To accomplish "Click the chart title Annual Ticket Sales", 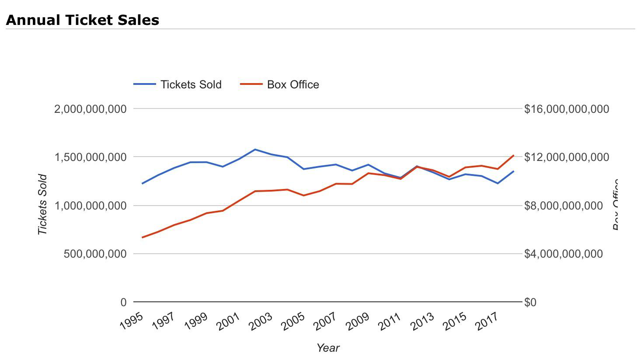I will click(x=82, y=20).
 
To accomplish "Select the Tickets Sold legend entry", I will click(x=191, y=84).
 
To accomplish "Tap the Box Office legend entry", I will click(x=293, y=84).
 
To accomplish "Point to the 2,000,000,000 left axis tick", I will click(x=91, y=108).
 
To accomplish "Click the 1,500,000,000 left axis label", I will click(x=91, y=157).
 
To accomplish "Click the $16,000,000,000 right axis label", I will click(x=566, y=108).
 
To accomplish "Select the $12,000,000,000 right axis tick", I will click(x=566, y=157).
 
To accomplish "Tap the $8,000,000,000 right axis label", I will click(x=563, y=206).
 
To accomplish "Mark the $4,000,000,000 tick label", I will click(x=563, y=254).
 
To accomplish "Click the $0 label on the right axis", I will click(x=530, y=302).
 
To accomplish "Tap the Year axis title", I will click(x=328, y=348).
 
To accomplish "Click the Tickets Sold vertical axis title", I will click(x=42, y=205).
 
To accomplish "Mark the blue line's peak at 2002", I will click(x=255, y=150).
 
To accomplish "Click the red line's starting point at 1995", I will click(x=143, y=237).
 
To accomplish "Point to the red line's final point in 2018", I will click(x=513, y=155).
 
